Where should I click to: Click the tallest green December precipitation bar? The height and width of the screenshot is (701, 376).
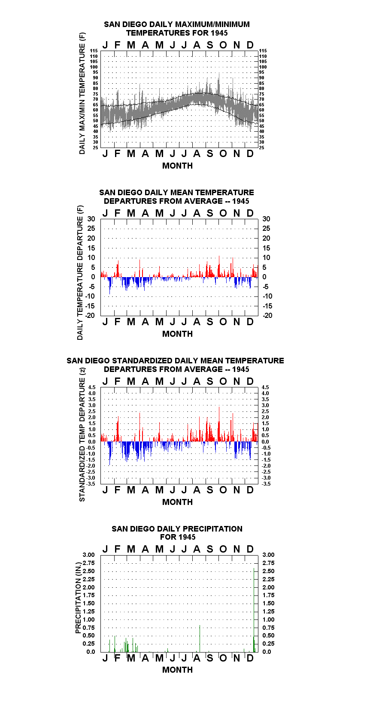point(254,610)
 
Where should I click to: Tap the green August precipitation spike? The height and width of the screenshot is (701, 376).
point(200,638)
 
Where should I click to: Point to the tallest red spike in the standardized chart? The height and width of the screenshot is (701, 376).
point(219,424)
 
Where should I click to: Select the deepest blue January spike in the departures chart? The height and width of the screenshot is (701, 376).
point(109,285)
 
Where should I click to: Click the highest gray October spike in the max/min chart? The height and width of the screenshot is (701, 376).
point(219,84)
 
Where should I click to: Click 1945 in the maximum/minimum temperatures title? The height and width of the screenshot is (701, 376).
point(219,33)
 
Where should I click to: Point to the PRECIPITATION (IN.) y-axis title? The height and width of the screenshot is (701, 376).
point(78,598)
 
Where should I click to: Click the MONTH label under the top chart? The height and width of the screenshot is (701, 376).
point(177,166)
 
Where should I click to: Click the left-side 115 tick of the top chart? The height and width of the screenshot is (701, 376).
point(94,51)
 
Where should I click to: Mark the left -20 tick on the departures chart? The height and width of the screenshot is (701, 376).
point(90,315)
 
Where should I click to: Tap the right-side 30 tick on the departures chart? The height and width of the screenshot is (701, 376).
point(266,219)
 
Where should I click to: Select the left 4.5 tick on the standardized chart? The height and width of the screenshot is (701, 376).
point(92,387)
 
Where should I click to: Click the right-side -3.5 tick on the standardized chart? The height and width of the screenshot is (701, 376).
point(266,483)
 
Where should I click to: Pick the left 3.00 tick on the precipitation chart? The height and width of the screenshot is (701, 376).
point(88,555)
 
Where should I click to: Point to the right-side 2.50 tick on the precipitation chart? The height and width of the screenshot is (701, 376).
point(268,571)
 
